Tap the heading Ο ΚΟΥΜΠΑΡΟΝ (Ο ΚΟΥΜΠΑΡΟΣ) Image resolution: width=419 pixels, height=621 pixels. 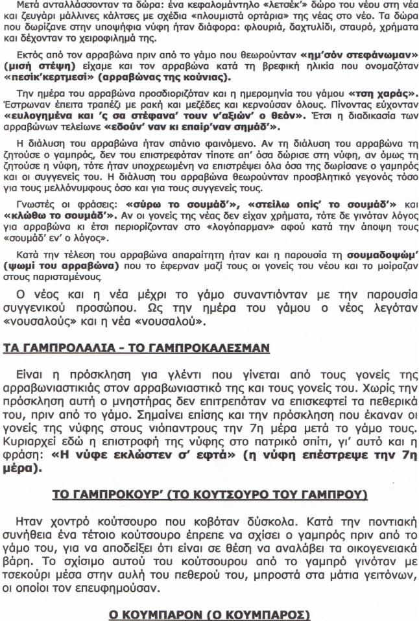point(210,613)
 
